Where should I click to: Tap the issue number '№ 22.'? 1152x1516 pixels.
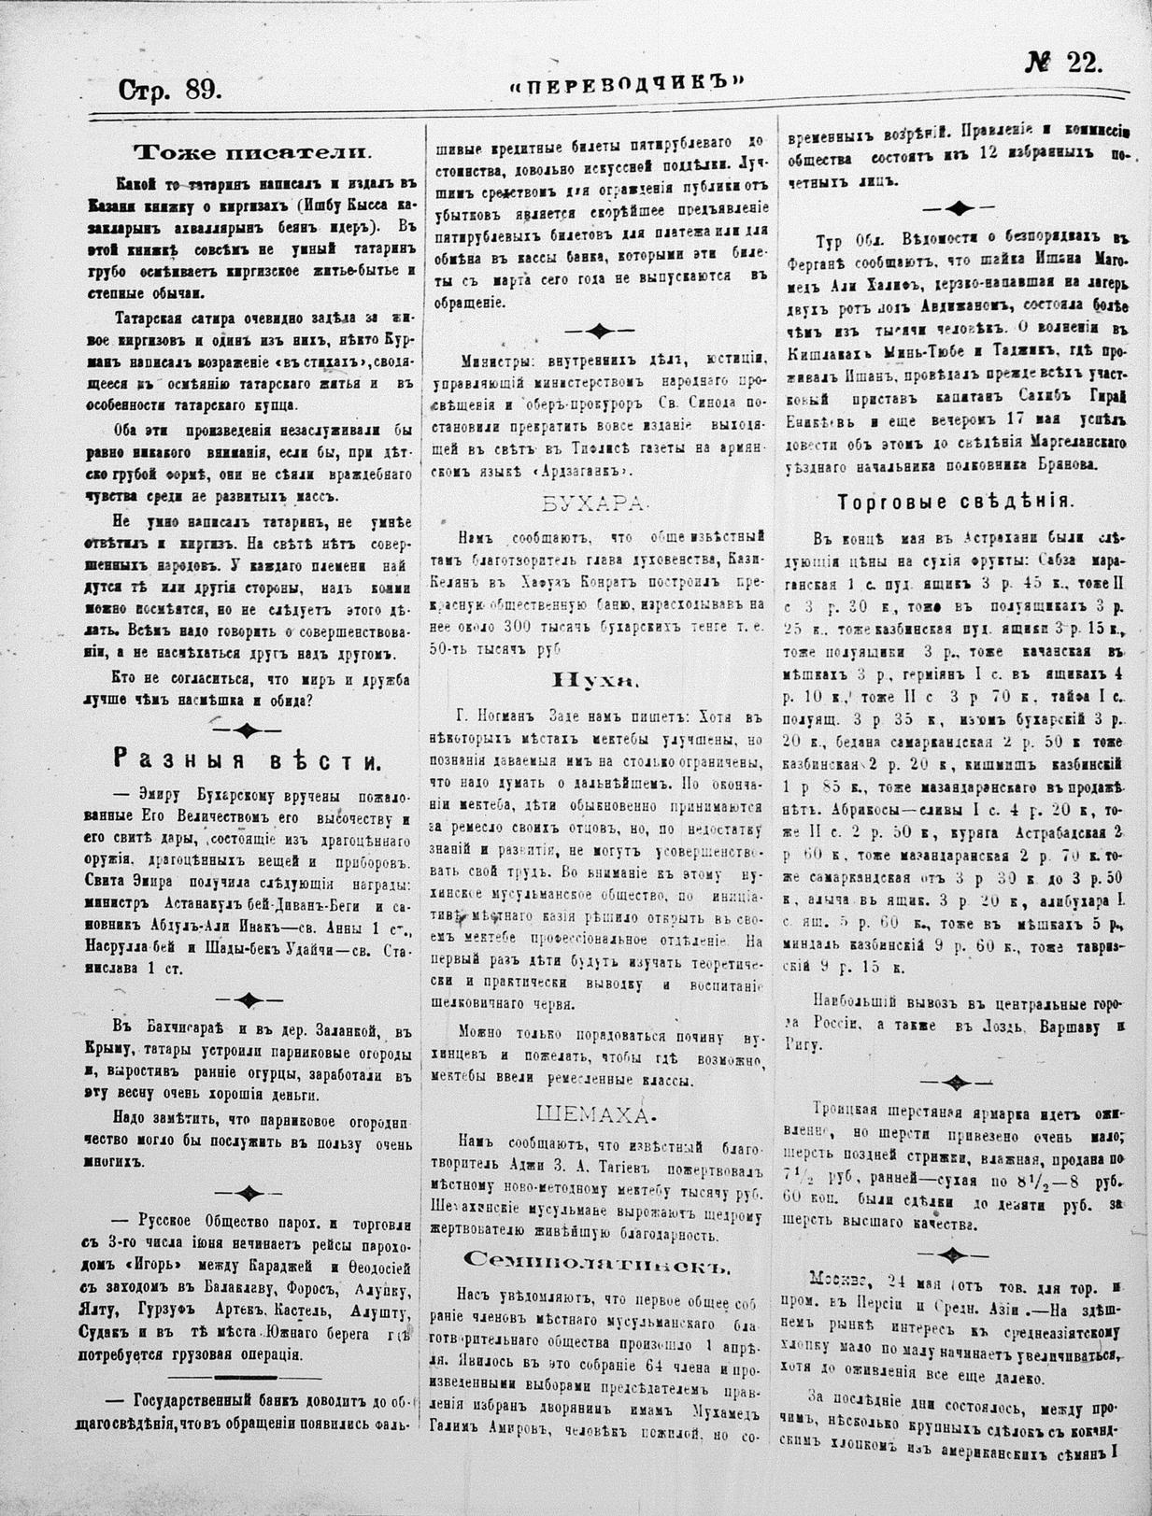click(x=1063, y=64)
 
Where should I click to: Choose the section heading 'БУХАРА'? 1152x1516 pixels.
click(x=593, y=504)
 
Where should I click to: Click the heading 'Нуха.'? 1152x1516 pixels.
click(x=595, y=680)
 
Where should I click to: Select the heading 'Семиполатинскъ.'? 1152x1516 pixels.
click(x=594, y=1263)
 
